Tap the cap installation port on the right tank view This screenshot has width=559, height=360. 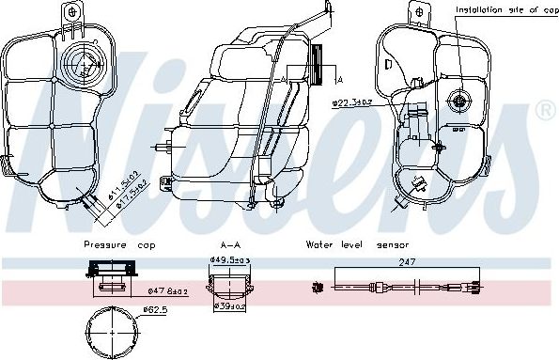click(460, 101)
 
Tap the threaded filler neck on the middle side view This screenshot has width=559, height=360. click(324, 67)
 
